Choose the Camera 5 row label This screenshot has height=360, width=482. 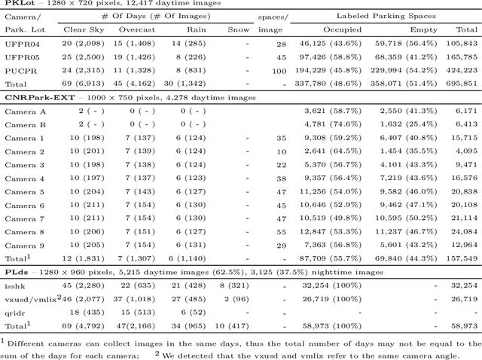point(25,191)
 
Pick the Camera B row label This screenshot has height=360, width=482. point(25,124)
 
